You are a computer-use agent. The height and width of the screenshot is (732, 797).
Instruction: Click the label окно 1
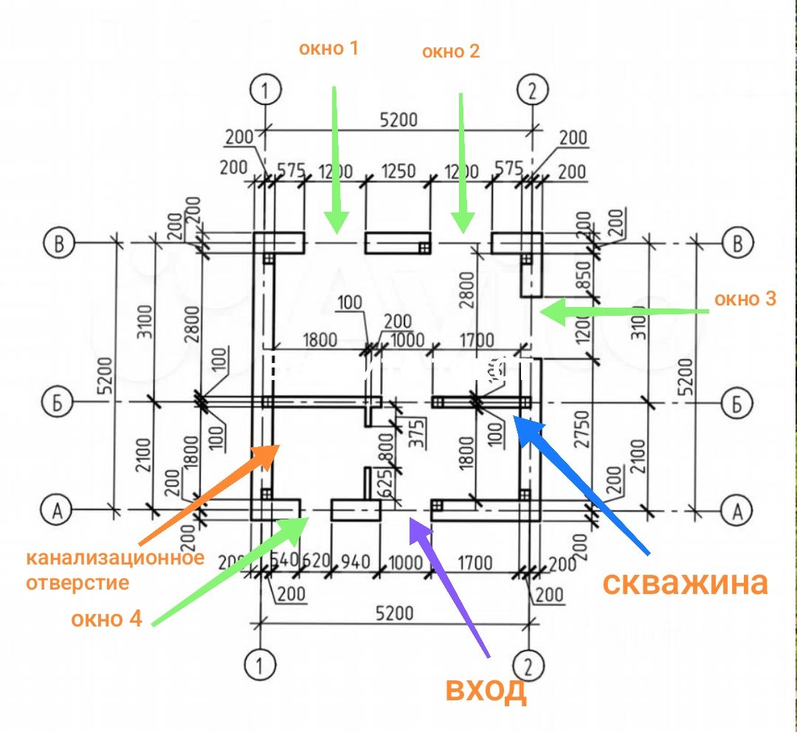328,49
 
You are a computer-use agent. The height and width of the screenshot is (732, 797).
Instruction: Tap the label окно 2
451,52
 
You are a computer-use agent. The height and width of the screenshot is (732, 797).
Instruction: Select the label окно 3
745,299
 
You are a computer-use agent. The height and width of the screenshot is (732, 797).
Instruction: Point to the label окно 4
106,618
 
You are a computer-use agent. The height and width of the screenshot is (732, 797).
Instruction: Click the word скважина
686,582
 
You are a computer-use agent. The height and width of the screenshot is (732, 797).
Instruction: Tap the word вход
486,689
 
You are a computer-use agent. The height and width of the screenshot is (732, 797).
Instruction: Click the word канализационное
115,558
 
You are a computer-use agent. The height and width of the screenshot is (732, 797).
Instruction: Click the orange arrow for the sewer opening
207,494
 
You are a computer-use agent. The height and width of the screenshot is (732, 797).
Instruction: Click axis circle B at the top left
58,243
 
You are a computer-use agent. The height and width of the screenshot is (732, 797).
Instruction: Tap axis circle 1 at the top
265,91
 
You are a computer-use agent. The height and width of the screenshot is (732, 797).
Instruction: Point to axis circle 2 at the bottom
528,666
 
